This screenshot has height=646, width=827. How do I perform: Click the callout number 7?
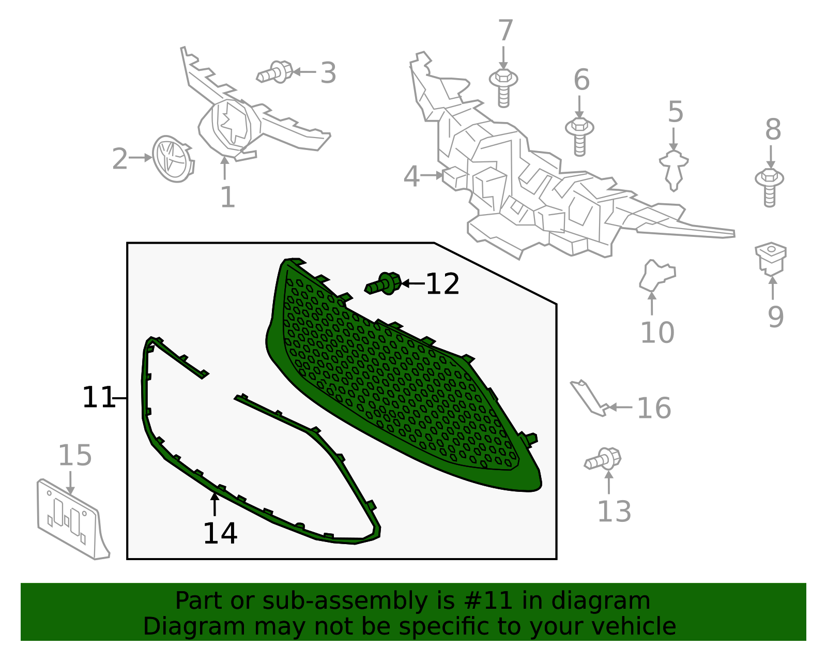pos(506,31)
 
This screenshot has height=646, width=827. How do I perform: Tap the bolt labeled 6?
pos(579,137)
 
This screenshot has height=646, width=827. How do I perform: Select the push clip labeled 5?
pos(673,170)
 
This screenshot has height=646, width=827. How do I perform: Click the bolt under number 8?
pos(770,187)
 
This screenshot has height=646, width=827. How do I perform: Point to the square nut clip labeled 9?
pos(771,259)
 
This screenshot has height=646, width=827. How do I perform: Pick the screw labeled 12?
pos(383,283)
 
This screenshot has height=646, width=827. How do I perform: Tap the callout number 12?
pos(442,284)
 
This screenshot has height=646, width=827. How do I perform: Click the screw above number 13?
pos(603,459)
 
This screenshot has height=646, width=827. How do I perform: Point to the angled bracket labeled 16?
pos(589,398)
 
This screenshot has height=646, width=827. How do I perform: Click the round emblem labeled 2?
pos(173,159)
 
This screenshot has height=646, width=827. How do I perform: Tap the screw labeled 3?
pos(275,72)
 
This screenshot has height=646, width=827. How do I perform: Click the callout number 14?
pos(220,533)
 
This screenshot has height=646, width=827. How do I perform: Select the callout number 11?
pos(99,397)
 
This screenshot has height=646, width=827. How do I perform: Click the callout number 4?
pos(411,176)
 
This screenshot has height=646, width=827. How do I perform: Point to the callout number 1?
pos(228,197)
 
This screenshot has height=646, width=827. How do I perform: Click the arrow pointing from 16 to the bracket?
pos(620,407)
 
